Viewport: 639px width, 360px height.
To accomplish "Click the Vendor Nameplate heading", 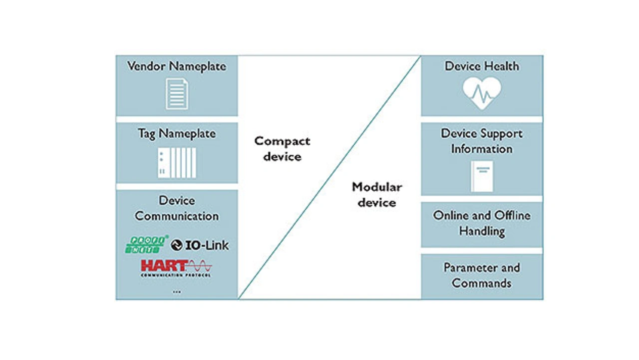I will (177, 66).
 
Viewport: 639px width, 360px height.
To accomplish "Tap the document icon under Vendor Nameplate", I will (177, 94).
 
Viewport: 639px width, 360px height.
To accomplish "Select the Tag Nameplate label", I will (177, 134).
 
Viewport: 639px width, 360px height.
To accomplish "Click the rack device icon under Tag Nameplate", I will (177, 162).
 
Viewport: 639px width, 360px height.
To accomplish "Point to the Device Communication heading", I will (177, 208).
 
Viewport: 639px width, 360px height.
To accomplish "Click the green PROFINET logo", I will (146, 244).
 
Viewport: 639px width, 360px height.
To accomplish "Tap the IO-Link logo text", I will (207, 245).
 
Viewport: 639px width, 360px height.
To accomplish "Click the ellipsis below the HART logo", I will (177, 292).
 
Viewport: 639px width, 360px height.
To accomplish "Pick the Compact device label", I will (282, 149).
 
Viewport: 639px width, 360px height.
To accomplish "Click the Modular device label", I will (377, 195).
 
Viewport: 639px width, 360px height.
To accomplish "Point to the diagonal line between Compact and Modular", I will (329, 177).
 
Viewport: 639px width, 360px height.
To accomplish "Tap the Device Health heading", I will (482, 66).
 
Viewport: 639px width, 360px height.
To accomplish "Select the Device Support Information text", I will (482, 141).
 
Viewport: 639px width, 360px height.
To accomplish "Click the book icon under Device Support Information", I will (482, 176).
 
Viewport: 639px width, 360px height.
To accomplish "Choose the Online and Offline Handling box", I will (482, 224).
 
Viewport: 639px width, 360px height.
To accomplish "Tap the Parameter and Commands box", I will (482, 276).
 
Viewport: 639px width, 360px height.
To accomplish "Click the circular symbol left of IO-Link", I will (176, 245).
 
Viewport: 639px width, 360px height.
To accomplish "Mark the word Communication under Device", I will (177, 216).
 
